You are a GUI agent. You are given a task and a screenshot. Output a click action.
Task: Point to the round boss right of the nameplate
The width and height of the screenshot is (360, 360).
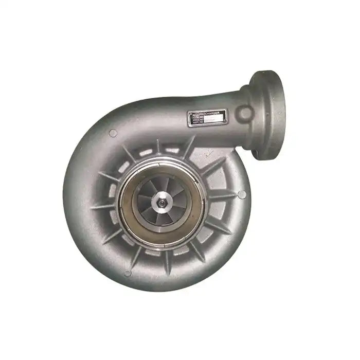click(x=245, y=113)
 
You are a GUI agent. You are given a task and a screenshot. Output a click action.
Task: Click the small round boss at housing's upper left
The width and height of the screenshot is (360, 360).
click(x=113, y=133)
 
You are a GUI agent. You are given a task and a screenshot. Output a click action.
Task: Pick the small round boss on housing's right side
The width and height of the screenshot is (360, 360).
click(x=241, y=194)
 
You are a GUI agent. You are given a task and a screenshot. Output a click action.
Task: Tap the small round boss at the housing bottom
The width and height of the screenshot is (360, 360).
click(x=128, y=273)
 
